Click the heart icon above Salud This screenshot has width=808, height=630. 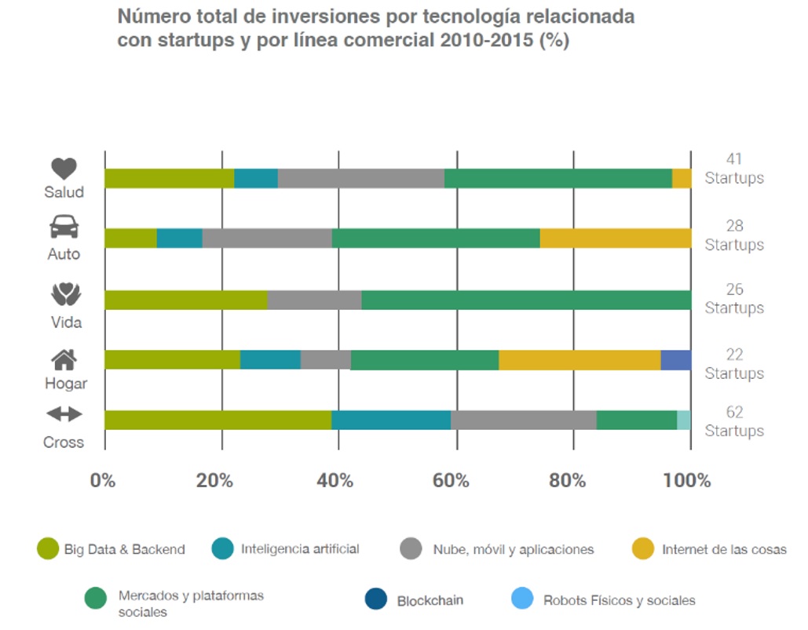coord(64,168)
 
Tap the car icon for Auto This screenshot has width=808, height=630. coord(64,228)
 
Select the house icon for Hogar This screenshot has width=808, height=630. coord(64,359)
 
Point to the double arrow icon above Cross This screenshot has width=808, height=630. coord(64,413)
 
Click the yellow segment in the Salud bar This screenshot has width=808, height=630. coord(682,178)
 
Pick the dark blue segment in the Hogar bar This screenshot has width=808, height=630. coord(675,360)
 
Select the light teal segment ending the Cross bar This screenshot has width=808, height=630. coord(684,420)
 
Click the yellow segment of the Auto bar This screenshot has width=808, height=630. coord(616,238)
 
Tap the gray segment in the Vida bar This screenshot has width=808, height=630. coord(314,300)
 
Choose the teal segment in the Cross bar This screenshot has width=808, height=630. coord(391,420)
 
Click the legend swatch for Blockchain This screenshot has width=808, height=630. coord(376,599)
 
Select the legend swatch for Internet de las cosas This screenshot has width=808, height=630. coord(642,548)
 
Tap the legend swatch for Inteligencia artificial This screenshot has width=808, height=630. coord(223,548)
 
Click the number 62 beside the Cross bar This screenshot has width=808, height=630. coord(734,413)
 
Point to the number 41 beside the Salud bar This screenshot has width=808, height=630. coord(734,159)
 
